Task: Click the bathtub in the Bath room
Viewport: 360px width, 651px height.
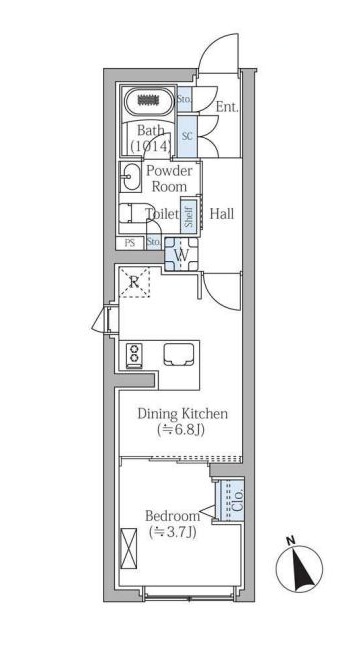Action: tap(149, 102)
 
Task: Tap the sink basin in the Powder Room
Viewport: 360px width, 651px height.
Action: tap(130, 177)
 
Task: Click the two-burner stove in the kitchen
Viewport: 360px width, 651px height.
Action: tap(134, 353)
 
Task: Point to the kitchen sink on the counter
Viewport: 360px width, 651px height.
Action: tap(179, 354)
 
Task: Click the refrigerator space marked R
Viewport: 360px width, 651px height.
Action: tap(134, 282)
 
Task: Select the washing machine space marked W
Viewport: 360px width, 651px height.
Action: tap(181, 254)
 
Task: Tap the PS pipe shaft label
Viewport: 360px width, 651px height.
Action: tap(130, 243)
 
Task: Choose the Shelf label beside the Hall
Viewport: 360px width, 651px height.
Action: tap(189, 215)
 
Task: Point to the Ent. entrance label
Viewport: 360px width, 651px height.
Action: tap(228, 107)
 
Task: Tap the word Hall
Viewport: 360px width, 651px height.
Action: tap(222, 214)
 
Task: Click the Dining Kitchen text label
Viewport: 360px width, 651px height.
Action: tap(182, 414)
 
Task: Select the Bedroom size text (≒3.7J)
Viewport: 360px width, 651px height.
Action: tap(172, 532)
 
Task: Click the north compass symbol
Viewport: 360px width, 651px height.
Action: tap(299, 568)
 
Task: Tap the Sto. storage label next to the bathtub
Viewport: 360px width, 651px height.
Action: tap(184, 100)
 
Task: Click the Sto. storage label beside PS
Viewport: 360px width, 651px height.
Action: tap(154, 243)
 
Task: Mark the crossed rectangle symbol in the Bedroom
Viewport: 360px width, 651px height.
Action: tap(128, 546)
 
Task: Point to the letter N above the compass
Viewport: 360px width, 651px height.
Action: tap(291, 540)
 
